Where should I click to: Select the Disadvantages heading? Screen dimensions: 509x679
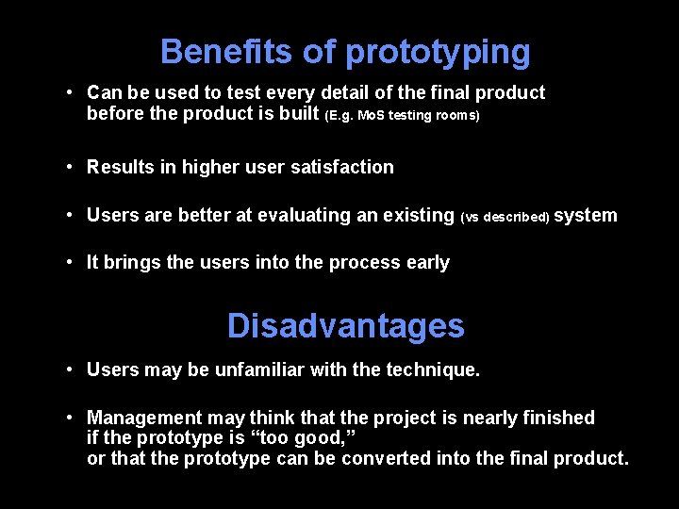coord(345,326)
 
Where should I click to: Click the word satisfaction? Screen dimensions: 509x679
coord(343,167)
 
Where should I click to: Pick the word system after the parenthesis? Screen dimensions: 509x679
coord(586,215)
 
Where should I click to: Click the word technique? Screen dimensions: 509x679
coord(433,369)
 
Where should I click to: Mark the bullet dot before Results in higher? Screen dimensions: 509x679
coord(72,167)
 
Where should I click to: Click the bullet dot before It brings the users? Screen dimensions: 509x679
coord(72,262)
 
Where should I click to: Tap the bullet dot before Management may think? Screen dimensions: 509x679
coord(72,417)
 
